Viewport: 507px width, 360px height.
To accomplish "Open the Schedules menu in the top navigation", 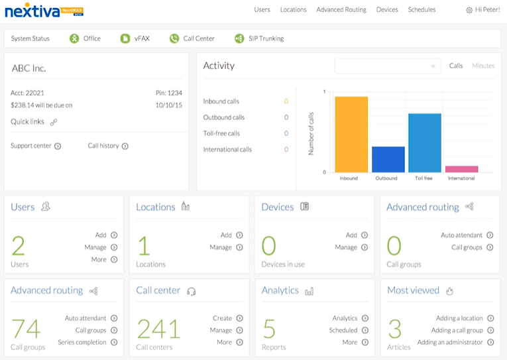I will pyautogui.click(x=422, y=10).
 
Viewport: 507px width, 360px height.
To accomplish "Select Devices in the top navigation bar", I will pyautogui.click(x=387, y=10).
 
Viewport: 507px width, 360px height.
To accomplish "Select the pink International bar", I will pyautogui.click(x=461, y=169).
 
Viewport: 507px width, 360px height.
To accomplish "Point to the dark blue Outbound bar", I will pyautogui.click(x=388, y=160).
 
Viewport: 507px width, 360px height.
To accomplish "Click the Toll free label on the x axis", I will pyautogui.click(x=425, y=178).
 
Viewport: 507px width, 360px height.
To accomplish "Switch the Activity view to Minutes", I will pyautogui.click(x=483, y=66).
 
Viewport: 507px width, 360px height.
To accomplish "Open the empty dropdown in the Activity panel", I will pyautogui.click(x=388, y=66).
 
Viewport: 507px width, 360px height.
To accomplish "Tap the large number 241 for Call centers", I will pyautogui.click(x=158, y=330).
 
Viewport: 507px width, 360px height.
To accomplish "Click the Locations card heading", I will pyautogui.click(x=156, y=207).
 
